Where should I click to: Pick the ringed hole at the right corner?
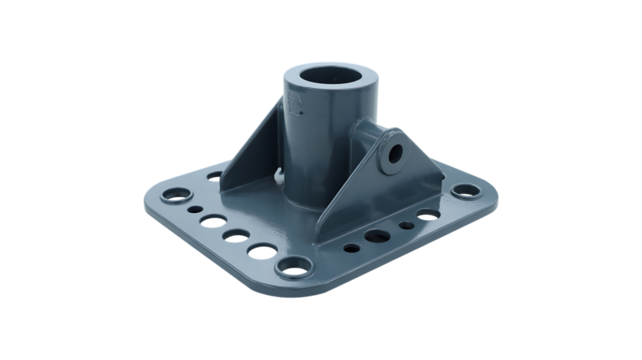tap(462, 191)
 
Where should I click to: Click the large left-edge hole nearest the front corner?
tap(263, 250)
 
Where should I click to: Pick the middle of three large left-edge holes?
tap(236, 233)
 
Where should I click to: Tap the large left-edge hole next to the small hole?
tap(212, 217)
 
